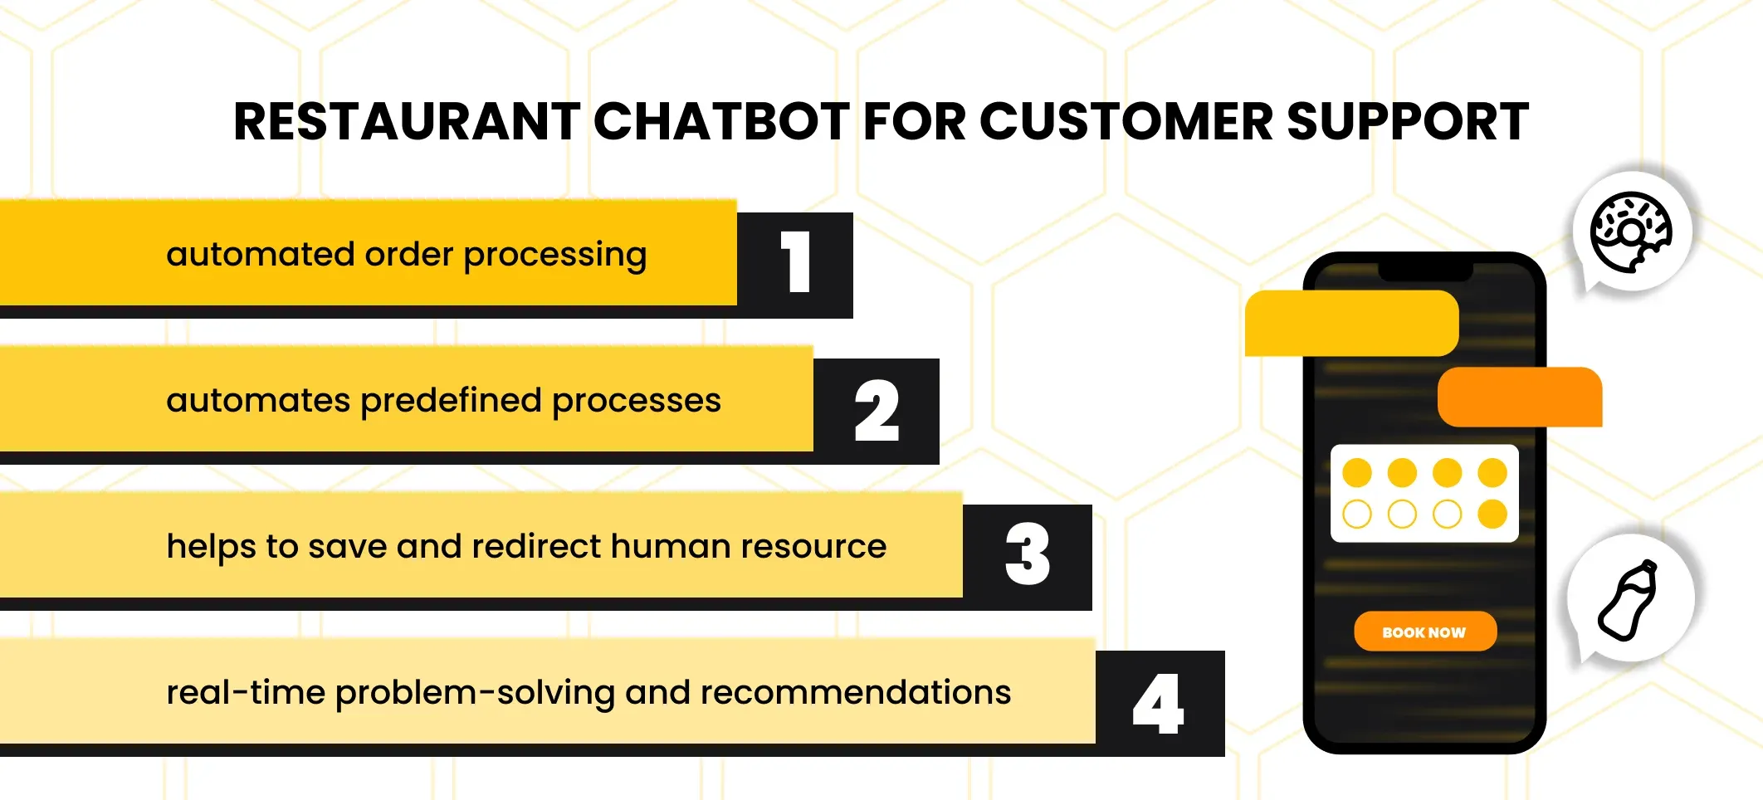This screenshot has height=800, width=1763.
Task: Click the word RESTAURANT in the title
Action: (407, 122)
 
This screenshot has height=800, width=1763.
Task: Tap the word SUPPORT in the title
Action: (1408, 122)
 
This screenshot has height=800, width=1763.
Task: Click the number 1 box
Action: (795, 265)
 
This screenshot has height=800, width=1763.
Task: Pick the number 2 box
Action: (877, 411)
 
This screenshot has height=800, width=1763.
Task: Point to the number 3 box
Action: (1028, 557)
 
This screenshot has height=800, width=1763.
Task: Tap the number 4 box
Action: (1160, 703)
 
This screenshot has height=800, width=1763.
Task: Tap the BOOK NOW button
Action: (1425, 632)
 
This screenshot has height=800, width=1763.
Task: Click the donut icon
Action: (1631, 232)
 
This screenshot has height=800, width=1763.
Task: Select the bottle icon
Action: (1629, 600)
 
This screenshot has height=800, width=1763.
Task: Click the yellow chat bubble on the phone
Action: (1351, 324)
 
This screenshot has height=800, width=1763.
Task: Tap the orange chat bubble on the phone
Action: (1520, 397)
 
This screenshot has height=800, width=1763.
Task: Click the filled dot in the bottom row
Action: (1492, 514)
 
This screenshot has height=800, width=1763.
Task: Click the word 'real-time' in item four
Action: (246, 692)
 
